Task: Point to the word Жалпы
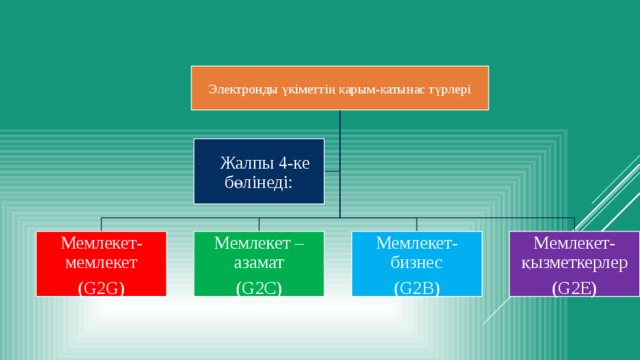[x=246, y=164]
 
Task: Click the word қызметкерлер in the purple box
[x=574, y=263]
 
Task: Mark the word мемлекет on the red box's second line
[x=98, y=263]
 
